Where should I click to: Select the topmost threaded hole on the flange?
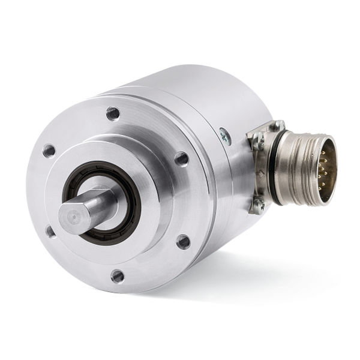point(112,112)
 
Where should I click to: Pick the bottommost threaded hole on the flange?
point(118,276)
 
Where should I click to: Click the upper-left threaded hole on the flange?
point(49,151)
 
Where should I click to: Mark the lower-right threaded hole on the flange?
point(183,242)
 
